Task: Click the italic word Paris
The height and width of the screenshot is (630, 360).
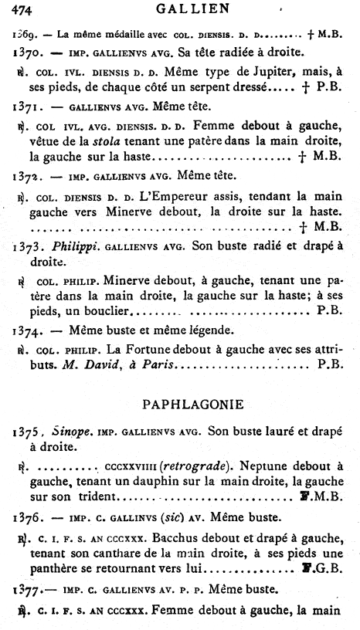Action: [147, 362]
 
